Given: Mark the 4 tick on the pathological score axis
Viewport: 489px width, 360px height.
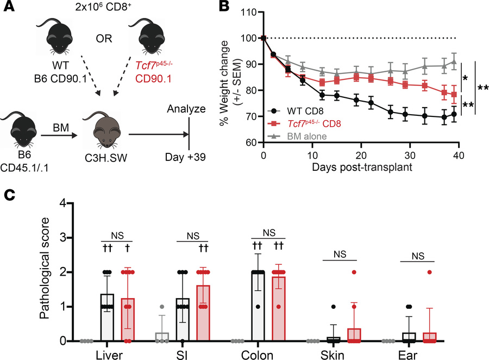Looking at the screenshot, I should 62,203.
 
